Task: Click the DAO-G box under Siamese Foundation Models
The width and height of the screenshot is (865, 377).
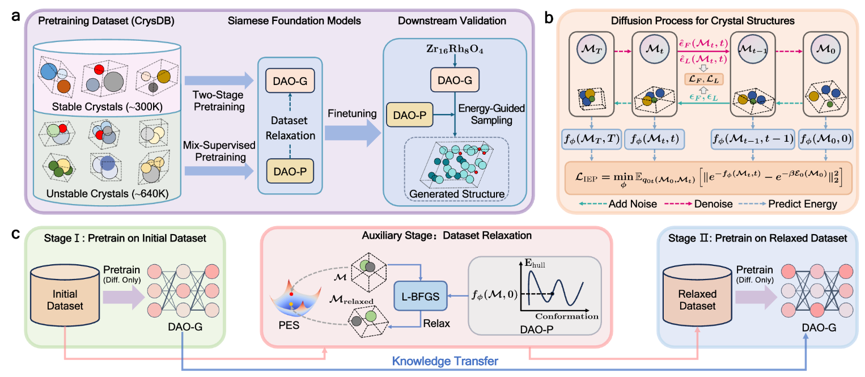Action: tap(290, 81)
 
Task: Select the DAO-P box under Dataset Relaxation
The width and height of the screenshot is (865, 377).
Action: tap(290, 171)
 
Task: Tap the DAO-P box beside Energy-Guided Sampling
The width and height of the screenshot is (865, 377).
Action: tap(409, 115)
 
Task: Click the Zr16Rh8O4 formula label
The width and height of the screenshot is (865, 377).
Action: tap(455, 49)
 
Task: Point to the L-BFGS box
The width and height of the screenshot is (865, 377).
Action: tap(420, 296)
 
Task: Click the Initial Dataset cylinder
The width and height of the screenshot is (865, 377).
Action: tap(65, 295)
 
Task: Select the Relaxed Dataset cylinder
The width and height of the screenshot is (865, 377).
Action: tap(697, 296)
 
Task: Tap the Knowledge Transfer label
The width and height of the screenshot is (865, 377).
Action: tap(445, 361)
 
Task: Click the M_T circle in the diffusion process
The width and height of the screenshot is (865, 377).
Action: tap(591, 49)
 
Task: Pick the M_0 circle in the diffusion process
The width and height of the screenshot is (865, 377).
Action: tap(826, 49)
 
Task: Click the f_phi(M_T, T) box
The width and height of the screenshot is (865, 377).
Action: tap(591, 139)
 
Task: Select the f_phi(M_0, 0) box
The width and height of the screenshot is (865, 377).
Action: tap(826, 139)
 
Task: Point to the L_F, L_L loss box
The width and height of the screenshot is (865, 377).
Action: tap(704, 79)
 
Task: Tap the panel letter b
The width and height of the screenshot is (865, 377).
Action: tap(548, 17)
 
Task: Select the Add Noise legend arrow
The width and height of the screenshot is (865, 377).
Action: tap(593, 204)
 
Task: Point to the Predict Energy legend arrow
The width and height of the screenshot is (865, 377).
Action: tap(752, 204)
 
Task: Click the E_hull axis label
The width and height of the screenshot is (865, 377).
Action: tap(535, 264)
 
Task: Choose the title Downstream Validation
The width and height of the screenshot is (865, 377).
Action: tap(452, 21)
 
